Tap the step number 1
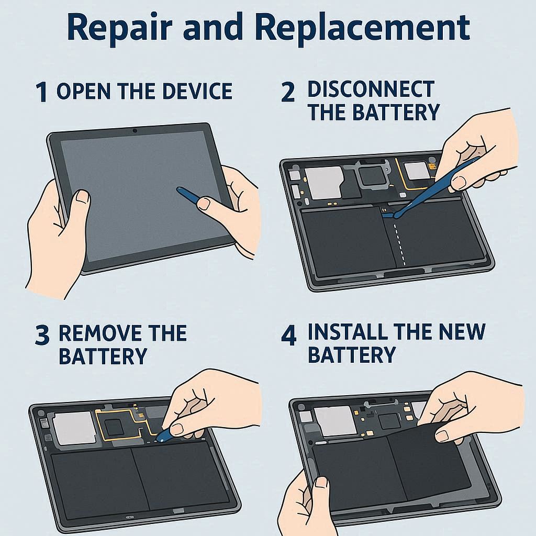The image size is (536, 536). click(x=42, y=92)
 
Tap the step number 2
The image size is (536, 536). click(x=288, y=92)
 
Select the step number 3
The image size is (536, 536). click(x=42, y=335)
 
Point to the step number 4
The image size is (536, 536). click(x=288, y=335)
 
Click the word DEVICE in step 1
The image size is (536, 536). click(x=197, y=91)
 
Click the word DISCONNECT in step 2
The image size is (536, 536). click(x=371, y=90)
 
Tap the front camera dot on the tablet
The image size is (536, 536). click(x=135, y=130)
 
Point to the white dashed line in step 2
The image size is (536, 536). click(x=400, y=244)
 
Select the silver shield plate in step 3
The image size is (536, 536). click(x=73, y=427)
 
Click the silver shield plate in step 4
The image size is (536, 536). click(x=333, y=421)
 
